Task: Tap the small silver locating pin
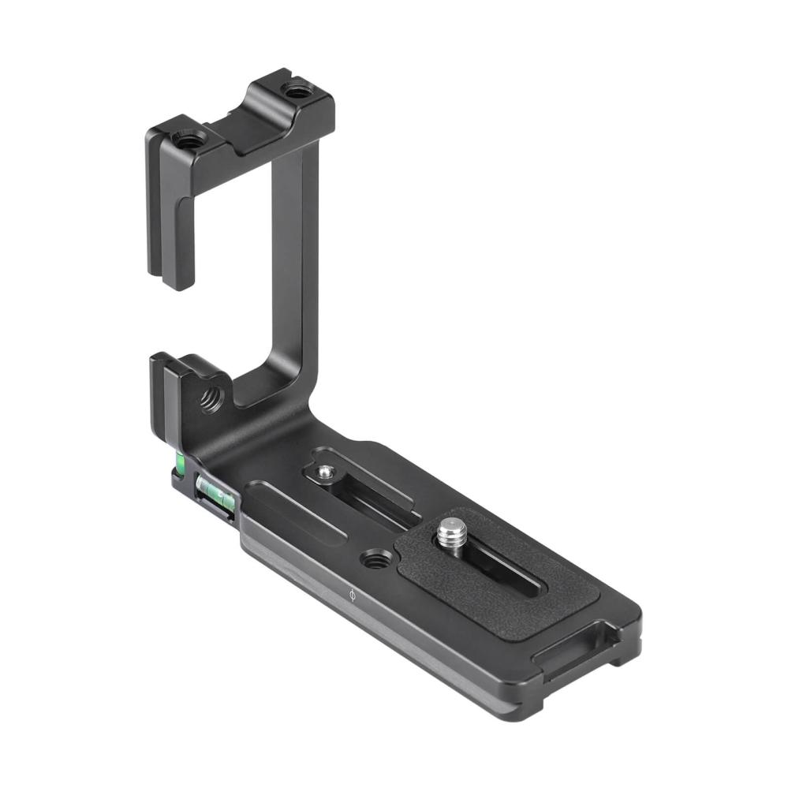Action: [x=324, y=472]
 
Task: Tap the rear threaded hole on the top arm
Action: [x=297, y=91]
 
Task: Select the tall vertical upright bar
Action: [x=293, y=260]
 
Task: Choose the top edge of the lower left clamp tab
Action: [x=177, y=364]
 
